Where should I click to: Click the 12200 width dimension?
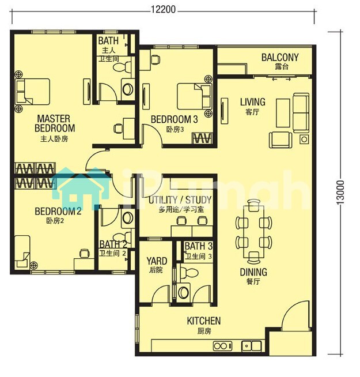point(163,9)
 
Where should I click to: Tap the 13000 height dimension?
point(340,193)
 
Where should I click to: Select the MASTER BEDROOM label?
point(55,123)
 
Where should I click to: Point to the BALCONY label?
point(280,58)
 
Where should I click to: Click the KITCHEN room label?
point(204,321)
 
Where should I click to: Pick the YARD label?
point(157,261)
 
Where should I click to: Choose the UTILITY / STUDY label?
point(180,200)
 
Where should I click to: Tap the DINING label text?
point(253,272)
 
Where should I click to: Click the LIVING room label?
point(253,102)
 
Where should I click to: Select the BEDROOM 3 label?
point(174,119)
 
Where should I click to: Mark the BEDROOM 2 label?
point(58,212)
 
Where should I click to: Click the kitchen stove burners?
point(222,346)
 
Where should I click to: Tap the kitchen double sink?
point(252,346)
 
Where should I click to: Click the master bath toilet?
point(123,67)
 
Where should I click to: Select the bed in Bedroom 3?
point(195,96)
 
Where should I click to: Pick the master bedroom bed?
point(32,92)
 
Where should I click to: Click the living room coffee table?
point(283,113)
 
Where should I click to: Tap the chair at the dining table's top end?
point(253,206)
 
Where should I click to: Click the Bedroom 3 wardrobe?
point(202,138)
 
